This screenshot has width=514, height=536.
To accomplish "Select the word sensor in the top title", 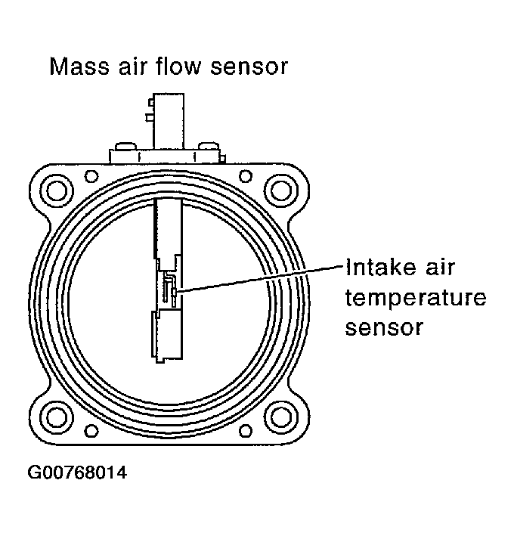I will pos(249,67).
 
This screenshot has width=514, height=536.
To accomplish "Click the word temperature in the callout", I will pos(414,299).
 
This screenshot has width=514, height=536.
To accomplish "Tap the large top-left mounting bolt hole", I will pos(55,186).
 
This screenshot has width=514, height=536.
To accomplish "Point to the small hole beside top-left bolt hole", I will pos(91,176).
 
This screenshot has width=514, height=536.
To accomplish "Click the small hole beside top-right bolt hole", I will pos(246,176).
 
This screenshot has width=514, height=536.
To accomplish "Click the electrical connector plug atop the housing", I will pos(168,121).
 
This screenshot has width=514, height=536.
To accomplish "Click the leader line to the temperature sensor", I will pos(257,277).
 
